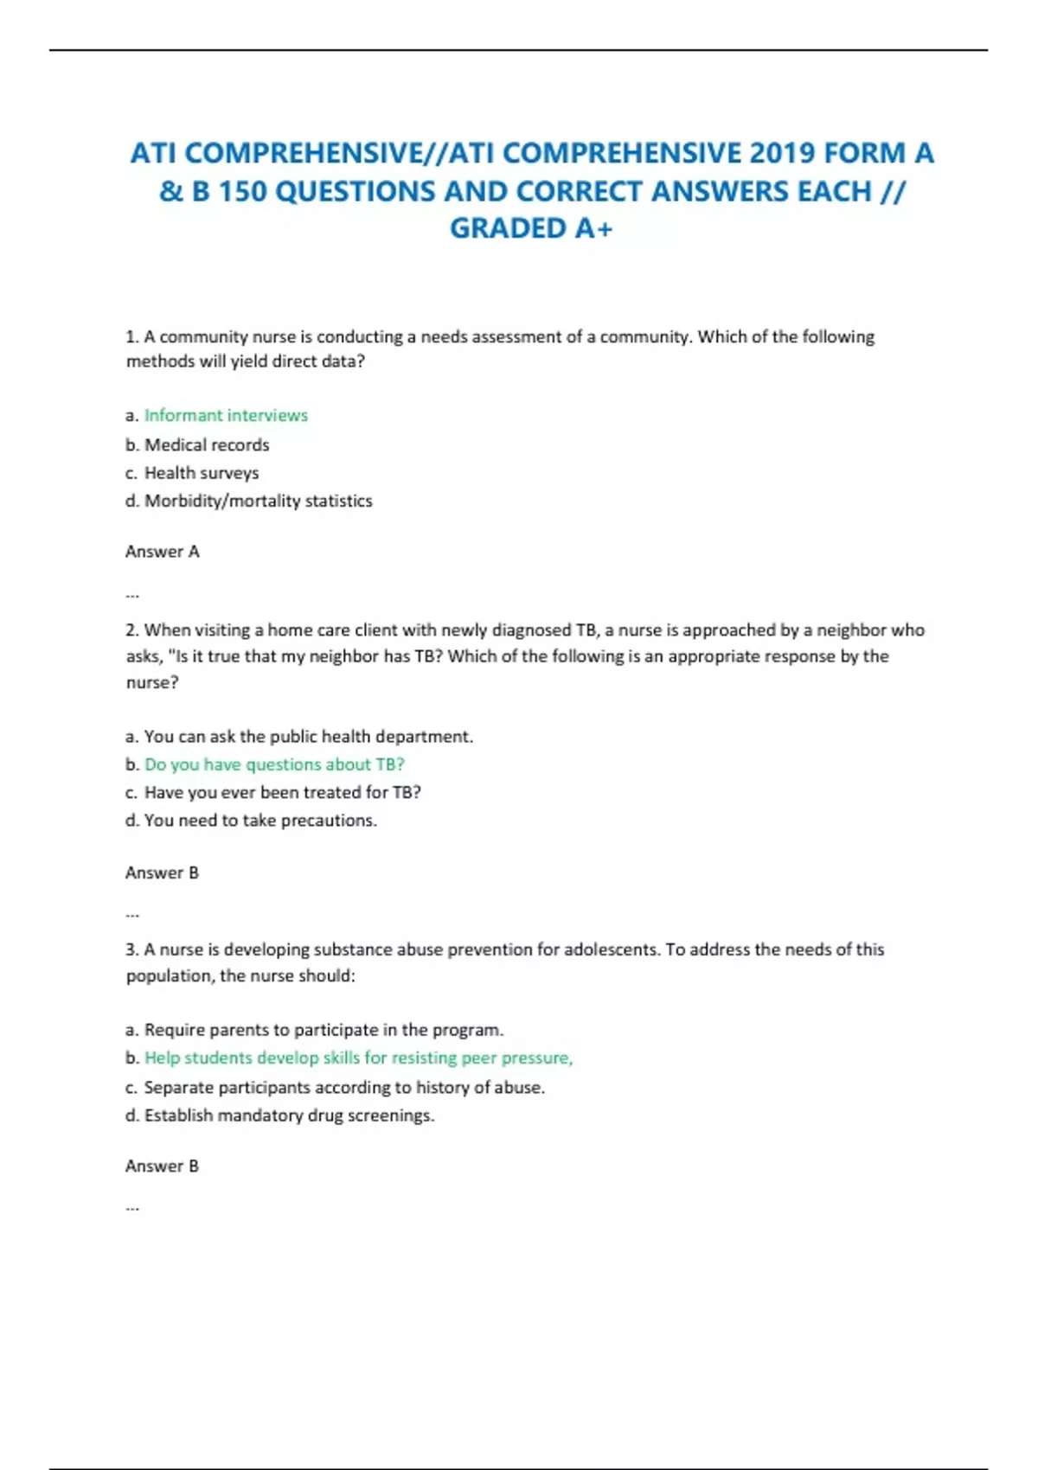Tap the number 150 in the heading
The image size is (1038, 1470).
pos(242,191)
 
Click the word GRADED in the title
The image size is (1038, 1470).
pos(507,228)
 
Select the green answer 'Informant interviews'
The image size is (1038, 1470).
pos(226,416)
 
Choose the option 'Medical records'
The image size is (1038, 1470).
pos(207,445)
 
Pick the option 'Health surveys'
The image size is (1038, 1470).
pos(202,473)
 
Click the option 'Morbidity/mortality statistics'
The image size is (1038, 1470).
pos(258,501)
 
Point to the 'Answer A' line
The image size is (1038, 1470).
pos(163,552)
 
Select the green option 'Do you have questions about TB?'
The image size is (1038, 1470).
pos(274,764)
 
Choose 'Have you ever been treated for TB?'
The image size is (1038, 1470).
pos(282,792)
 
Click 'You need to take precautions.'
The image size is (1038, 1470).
pos(260,820)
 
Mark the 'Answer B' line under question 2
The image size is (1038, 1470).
pos(163,872)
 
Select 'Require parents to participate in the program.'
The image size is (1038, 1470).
pos(324,1030)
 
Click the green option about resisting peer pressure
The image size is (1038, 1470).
pos(358,1058)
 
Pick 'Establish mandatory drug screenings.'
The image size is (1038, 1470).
pos(289,1115)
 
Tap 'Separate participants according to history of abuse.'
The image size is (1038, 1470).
pos(344,1087)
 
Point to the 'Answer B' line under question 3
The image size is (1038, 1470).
pos(163,1166)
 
